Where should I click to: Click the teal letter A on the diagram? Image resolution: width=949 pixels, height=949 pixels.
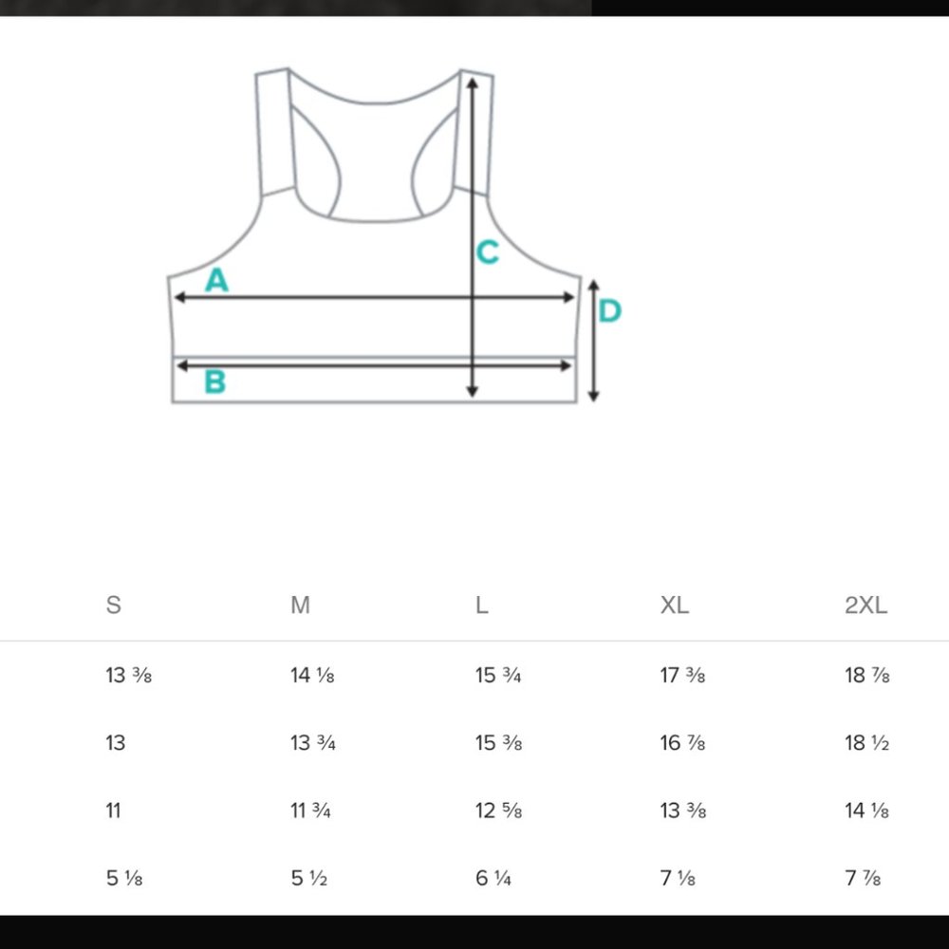216,280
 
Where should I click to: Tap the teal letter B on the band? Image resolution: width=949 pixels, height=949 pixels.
214,381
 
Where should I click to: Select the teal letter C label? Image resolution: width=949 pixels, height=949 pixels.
487,252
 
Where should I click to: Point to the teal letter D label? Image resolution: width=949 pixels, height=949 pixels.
609,310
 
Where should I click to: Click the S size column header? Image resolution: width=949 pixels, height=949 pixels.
113,605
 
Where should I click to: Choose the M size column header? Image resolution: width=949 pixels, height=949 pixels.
300,605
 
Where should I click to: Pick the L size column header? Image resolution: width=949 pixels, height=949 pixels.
481,605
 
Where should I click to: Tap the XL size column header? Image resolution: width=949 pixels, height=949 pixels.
674,605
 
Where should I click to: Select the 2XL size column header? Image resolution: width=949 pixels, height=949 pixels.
866,605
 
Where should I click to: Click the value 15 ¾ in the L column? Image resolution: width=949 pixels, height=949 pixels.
498,675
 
